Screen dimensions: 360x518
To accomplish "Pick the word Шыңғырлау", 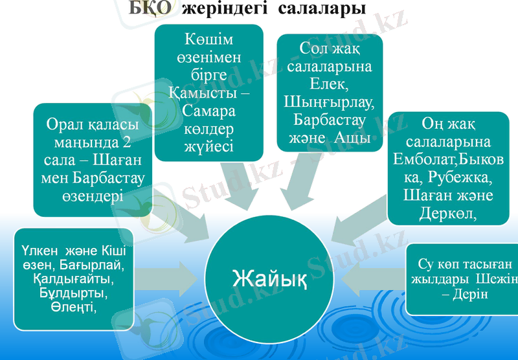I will click(330, 102).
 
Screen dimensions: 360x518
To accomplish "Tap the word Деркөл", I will click(448, 213).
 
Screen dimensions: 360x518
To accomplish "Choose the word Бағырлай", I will click(96, 265).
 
